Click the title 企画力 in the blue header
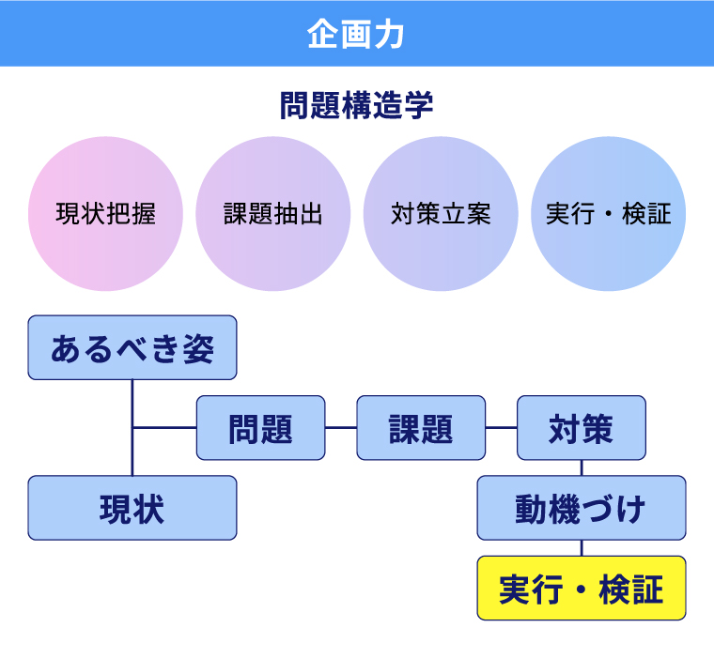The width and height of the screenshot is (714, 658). click(356, 34)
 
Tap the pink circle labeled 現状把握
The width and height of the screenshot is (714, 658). click(106, 214)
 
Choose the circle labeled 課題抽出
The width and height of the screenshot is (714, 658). click(272, 214)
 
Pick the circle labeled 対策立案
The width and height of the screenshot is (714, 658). click(441, 214)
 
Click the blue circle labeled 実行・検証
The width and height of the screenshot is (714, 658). click(608, 214)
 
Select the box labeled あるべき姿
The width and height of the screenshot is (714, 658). click(132, 347)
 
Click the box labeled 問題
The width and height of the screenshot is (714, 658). click(260, 428)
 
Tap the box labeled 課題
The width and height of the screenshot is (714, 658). click(421, 428)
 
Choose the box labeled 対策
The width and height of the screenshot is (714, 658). click(582, 428)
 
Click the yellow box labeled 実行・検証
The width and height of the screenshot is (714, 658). click(582, 589)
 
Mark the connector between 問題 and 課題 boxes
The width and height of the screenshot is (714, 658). click(341, 428)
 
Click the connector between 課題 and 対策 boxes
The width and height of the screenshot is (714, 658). click(502, 428)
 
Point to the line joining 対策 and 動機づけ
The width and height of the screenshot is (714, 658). click(582, 467)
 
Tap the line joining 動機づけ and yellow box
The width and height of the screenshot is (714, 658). click(582, 548)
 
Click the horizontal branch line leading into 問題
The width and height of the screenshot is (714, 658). click(164, 428)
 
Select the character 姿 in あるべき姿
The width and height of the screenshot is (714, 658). click(198, 348)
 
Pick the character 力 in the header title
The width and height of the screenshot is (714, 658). click(390, 34)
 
